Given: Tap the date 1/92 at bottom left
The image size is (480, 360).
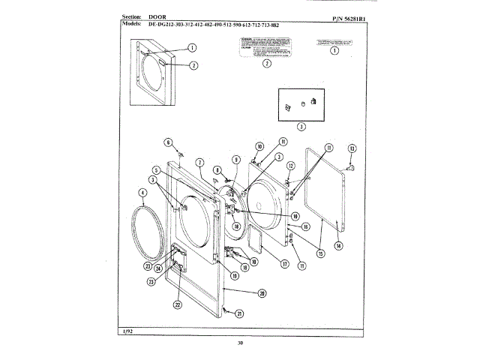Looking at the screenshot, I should click(126, 331).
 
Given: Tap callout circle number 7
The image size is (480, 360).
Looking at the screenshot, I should click(200, 161).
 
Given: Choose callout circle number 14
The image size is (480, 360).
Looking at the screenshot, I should click(338, 245).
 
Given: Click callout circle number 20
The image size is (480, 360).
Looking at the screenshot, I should click(262, 292).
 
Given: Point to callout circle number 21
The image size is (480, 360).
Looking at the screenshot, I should click(240, 313).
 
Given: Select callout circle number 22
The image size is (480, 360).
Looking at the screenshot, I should click(177, 305).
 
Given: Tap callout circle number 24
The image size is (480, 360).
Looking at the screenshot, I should click(159, 268).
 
